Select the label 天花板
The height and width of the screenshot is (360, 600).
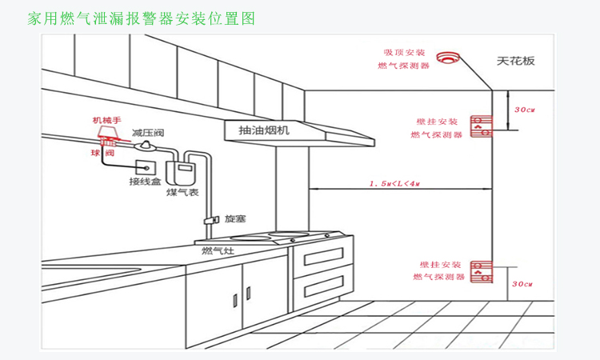515,60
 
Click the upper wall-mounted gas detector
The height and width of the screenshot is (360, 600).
480,123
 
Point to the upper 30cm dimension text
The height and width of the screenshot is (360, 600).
524,110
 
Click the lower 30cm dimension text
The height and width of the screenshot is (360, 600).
522,283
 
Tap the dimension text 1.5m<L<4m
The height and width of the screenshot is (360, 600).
394,184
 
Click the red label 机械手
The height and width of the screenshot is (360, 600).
106,120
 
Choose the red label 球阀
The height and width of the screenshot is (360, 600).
102,152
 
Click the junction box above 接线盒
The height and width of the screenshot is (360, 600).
145,169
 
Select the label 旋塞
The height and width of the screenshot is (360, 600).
234,218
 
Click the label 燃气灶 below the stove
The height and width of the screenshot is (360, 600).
217,251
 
